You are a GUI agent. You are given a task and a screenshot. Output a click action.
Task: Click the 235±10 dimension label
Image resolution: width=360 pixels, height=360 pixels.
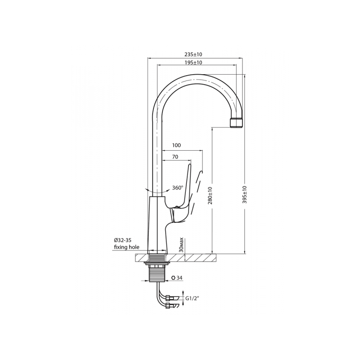193,54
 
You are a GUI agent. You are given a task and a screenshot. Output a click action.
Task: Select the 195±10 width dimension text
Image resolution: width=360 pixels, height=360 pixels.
193,63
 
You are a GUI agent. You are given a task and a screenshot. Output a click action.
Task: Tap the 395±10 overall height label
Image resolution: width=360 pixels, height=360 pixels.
244,195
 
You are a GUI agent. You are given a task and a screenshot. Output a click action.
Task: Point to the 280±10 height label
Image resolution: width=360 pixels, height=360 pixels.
210,195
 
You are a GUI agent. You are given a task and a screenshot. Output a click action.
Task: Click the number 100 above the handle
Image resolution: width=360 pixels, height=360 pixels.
176,145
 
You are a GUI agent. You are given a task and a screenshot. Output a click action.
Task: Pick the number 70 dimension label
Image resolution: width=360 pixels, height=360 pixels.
175,157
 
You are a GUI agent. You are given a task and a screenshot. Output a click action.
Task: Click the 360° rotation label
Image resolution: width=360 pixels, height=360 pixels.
178,188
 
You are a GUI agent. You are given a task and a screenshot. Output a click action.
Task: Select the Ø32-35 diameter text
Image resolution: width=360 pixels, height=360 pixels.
122,240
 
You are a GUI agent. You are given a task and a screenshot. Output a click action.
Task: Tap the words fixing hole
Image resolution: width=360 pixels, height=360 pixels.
126,247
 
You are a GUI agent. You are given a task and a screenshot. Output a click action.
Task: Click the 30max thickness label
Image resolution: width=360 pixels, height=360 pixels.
182,245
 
